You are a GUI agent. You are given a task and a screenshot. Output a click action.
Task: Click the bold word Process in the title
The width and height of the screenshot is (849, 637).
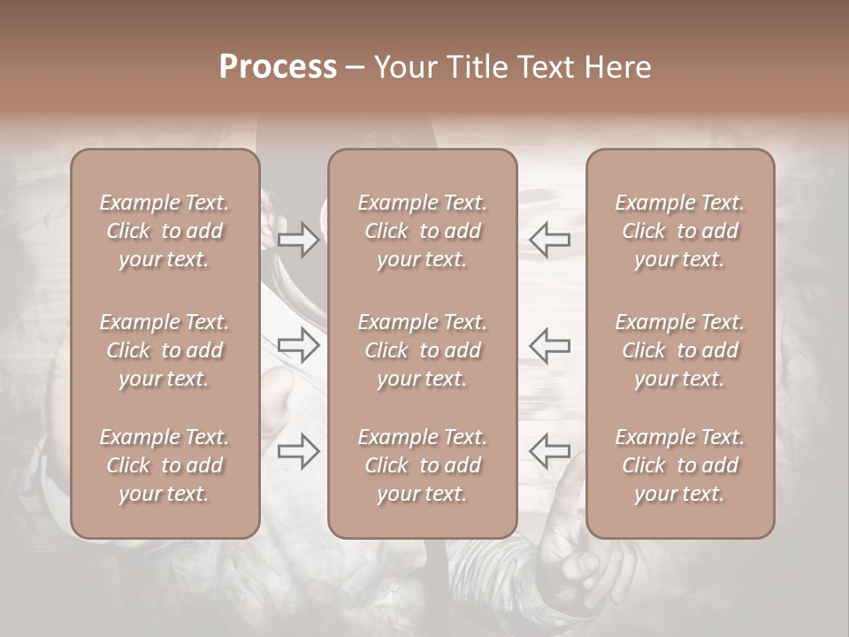coord(278,67)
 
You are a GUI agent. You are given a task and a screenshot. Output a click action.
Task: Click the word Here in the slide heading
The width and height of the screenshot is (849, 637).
coord(618,67)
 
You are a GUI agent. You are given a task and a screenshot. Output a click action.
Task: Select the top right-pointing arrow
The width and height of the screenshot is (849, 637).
coord(299,240)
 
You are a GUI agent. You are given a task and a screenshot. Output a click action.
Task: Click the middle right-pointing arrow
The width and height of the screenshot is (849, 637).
coord(299,345)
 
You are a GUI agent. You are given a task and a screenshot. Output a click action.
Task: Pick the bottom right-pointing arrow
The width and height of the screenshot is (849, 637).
coord(299,451)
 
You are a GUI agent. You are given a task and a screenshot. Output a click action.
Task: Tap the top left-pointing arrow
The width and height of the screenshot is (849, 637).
coord(549,240)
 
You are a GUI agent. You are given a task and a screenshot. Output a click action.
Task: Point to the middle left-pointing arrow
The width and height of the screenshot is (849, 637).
coord(549,345)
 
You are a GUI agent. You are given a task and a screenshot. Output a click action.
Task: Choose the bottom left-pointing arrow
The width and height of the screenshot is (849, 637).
coord(549,451)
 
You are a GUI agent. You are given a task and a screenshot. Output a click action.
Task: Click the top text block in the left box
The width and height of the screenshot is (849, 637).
coord(164,231)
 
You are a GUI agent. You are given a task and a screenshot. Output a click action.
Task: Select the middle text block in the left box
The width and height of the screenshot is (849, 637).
coord(164,350)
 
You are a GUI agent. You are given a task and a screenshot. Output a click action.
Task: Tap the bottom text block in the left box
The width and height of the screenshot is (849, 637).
coord(164,465)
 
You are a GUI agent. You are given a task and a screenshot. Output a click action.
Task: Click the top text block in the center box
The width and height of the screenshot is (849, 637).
coord(422,231)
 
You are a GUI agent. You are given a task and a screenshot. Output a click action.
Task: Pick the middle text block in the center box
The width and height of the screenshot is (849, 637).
coord(422,350)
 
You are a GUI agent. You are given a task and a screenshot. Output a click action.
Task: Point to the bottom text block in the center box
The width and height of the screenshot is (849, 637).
coord(422,465)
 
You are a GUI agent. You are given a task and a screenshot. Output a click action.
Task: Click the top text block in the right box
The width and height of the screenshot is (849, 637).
coord(680,231)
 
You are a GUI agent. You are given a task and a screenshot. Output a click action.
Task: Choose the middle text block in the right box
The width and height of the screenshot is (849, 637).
coord(680,350)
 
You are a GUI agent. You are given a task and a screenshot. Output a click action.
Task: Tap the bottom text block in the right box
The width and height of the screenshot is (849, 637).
coord(680,465)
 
